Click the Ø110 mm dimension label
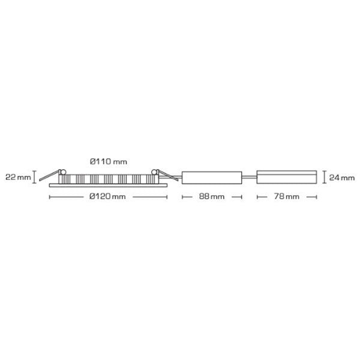pyautogui.click(x=109, y=161)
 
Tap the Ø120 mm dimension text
pyautogui.click(x=107, y=197)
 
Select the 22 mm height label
pyautogui.click(x=18, y=177)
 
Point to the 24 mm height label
pyautogui.click(x=342, y=178)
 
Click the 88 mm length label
pyautogui.click(x=212, y=197)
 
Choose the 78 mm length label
pyautogui.click(x=287, y=197)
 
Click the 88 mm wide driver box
pyautogui.click(x=212, y=178)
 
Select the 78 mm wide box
pyautogui.click(x=287, y=177)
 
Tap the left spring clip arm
pyautogui.click(x=49, y=176)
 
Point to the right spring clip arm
pyautogui.click(x=168, y=176)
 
